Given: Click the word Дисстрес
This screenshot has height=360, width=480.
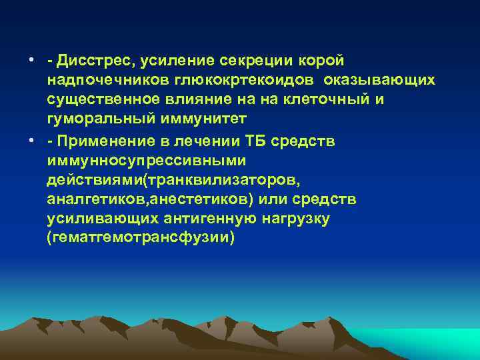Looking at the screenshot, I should pyautogui.click(x=94, y=61).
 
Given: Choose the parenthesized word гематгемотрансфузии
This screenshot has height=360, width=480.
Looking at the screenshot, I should pyautogui.click(x=141, y=239).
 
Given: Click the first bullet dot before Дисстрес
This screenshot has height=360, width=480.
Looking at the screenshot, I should pyautogui.click(x=31, y=61).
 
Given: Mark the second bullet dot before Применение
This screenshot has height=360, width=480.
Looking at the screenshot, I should pyautogui.click(x=31, y=142).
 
